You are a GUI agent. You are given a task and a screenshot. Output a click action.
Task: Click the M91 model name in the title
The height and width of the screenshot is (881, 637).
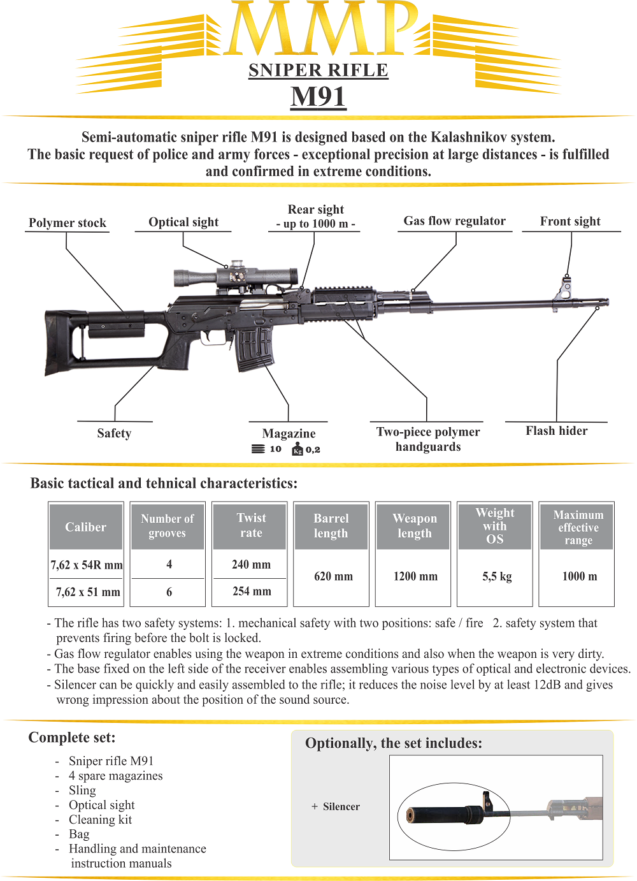click(x=318, y=96)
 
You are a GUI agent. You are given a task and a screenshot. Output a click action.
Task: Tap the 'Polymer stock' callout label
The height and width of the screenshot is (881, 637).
click(x=68, y=222)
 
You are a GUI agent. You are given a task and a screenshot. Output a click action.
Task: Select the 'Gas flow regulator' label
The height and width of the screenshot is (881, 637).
click(x=455, y=221)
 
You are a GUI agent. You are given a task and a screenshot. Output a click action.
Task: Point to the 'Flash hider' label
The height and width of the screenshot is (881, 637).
click(x=557, y=431)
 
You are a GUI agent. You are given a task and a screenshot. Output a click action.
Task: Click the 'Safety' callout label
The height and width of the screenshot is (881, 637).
click(x=114, y=433)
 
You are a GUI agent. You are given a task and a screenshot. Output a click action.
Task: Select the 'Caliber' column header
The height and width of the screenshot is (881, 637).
click(x=85, y=527)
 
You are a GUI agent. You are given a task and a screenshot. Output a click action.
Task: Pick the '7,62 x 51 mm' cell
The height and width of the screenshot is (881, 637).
click(x=88, y=592)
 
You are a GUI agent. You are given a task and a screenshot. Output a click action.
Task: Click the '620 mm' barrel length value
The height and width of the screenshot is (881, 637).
click(x=333, y=576)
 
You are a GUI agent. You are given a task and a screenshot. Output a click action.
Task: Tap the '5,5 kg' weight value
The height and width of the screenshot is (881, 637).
click(x=497, y=576)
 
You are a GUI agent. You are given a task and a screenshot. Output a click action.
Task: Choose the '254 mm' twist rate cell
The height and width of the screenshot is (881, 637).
click(x=252, y=591)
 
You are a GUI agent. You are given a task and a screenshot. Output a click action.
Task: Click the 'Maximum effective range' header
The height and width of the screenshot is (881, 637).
click(x=578, y=527)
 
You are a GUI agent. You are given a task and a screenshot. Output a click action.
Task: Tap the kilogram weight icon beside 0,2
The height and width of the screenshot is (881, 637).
click(x=297, y=449)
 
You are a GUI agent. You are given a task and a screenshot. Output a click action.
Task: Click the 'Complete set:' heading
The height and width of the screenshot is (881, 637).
click(x=72, y=738)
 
